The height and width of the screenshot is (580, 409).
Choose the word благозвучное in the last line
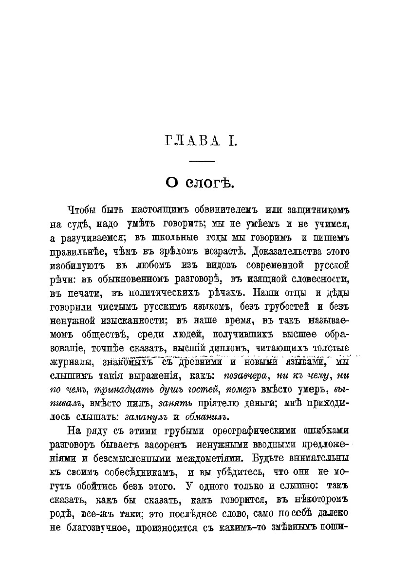tap(94, 528)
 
